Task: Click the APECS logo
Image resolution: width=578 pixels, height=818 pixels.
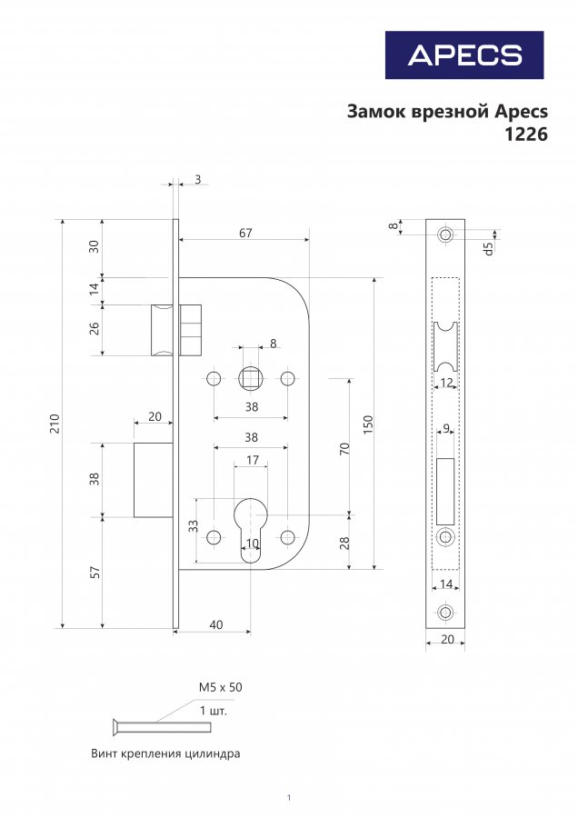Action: click(x=464, y=55)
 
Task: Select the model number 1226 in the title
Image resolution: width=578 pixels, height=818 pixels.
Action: click(x=526, y=135)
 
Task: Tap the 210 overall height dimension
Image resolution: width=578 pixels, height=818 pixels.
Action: click(x=55, y=423)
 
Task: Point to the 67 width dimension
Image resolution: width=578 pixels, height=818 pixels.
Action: click(x=245, y=233)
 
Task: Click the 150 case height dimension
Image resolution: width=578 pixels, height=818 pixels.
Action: click(x=368, y=425)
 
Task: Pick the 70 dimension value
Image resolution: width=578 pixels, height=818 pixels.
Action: click(x=344, y=449)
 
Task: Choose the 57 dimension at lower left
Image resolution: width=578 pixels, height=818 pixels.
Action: click(x=95, y=573)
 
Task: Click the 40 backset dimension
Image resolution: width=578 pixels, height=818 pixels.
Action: click(x=216, y=624)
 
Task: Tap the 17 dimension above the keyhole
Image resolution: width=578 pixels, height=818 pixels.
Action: click(x=252, y=460)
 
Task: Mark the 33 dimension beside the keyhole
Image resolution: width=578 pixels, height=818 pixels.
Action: click(x=194, y=526)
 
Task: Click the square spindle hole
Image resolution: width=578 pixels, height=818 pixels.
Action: click(x=251, y=378)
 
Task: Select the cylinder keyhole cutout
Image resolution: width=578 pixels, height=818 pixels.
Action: click(x=251, y=528)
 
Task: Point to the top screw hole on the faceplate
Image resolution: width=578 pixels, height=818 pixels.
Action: click(x=445, y=234)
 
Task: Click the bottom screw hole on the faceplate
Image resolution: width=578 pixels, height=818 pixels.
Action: click(x=445, y=612)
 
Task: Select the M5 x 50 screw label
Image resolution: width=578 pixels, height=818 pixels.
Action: click(x=220, y=687)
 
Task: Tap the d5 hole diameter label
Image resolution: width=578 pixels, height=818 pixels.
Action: click(x=488, y=249)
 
